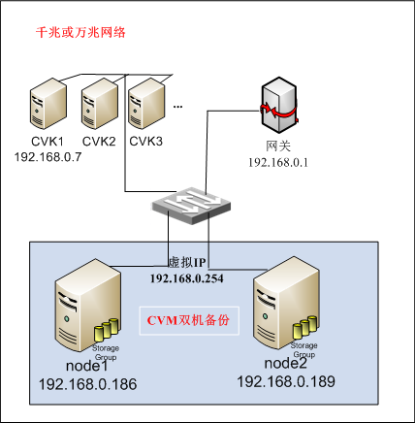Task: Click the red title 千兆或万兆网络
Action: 80,33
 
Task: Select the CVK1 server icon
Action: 48,104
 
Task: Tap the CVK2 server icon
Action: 100,104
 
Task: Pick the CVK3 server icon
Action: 146,104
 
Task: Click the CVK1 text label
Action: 48,142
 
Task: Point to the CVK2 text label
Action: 99,142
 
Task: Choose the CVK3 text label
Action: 145,142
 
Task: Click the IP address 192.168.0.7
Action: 48,157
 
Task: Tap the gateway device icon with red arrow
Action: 279,105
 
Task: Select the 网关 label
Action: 278,146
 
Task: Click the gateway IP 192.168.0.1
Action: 278,162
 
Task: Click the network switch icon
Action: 191,206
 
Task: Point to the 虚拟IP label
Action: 187,263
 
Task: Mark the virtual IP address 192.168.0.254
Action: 187,278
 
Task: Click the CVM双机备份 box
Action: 189,320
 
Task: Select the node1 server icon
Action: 88,306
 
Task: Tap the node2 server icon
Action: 287,304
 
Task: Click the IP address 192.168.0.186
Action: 87,384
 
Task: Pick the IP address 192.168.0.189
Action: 286,381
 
